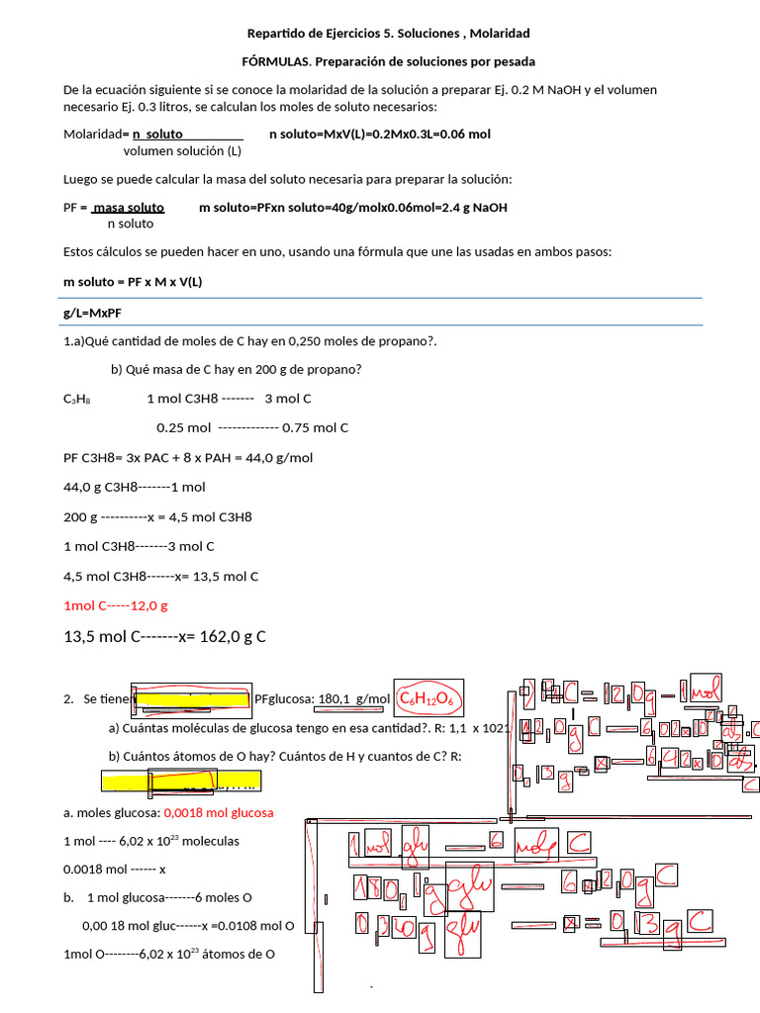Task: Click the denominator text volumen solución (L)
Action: (x=182, y=151)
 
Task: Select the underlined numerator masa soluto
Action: (x=129, y=208)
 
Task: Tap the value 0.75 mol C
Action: (x=315, y=428)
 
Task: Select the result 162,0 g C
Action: (x=226, y=636)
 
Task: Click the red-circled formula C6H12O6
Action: (x=426, y=699)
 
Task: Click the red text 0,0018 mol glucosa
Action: (x=218, y=812)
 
